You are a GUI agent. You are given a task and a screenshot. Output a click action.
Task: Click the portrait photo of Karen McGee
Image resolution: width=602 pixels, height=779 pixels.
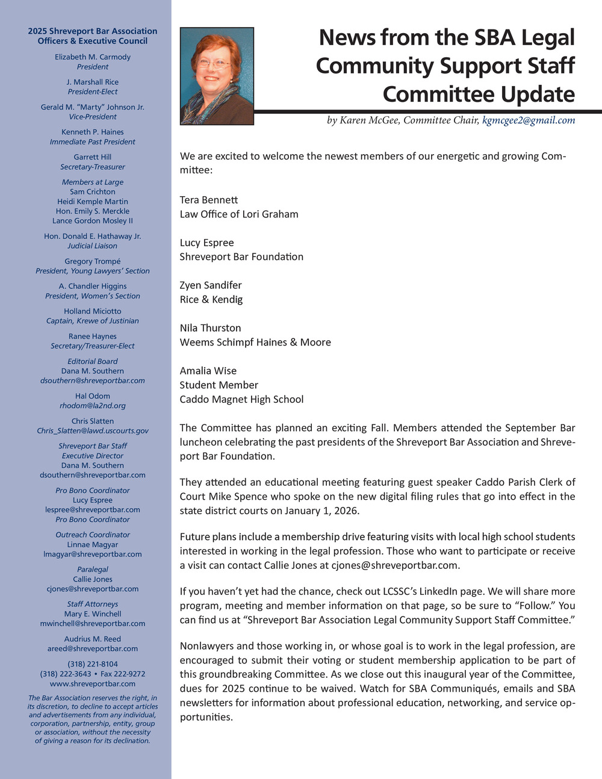tap(217, 76)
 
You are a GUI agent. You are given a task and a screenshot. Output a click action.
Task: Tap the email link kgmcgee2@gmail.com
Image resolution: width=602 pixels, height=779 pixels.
tap(529, 120)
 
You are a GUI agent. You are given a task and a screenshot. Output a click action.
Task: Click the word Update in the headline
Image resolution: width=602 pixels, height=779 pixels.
tap(538, 95)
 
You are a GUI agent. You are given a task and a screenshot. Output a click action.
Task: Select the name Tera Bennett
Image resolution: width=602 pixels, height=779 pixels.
tap(209, 200)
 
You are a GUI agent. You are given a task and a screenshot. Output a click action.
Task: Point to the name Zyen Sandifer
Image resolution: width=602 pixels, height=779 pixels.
tap(211, 285)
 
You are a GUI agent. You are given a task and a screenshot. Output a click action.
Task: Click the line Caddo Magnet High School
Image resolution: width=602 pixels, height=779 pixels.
tap(241, 399)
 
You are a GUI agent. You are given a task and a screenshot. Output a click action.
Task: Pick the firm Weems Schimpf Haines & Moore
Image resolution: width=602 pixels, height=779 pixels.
tap(255, 343)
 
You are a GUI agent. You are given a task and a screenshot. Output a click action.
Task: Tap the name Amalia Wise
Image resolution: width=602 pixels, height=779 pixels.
tap(208, 371)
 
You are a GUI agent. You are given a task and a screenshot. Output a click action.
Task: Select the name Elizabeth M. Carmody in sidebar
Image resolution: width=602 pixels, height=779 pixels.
tap(93, 57)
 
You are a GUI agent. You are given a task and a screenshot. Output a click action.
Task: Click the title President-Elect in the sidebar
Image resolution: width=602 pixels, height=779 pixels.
tap(93, 92)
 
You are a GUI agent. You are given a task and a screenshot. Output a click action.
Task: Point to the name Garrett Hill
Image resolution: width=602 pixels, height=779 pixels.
tap(93, 157)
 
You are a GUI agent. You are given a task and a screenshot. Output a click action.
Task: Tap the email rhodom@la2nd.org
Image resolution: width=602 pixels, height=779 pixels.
tap(93, 406)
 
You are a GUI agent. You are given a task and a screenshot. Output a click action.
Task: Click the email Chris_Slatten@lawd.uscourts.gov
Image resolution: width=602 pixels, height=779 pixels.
tap(93, 431)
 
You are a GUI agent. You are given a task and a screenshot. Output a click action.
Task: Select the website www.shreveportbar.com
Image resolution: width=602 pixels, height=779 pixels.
tap(93, 684)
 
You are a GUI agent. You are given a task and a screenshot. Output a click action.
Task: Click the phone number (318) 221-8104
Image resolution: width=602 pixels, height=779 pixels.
tap(93, 665)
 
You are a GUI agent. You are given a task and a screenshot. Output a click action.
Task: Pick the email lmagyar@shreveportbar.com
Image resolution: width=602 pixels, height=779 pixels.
tap(93, 554)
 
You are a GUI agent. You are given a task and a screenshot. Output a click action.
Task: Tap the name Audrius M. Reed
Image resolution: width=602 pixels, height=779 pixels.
tap(93, 639)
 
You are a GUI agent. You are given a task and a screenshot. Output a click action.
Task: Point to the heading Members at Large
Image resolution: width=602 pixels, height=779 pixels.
tap(93, 182)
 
